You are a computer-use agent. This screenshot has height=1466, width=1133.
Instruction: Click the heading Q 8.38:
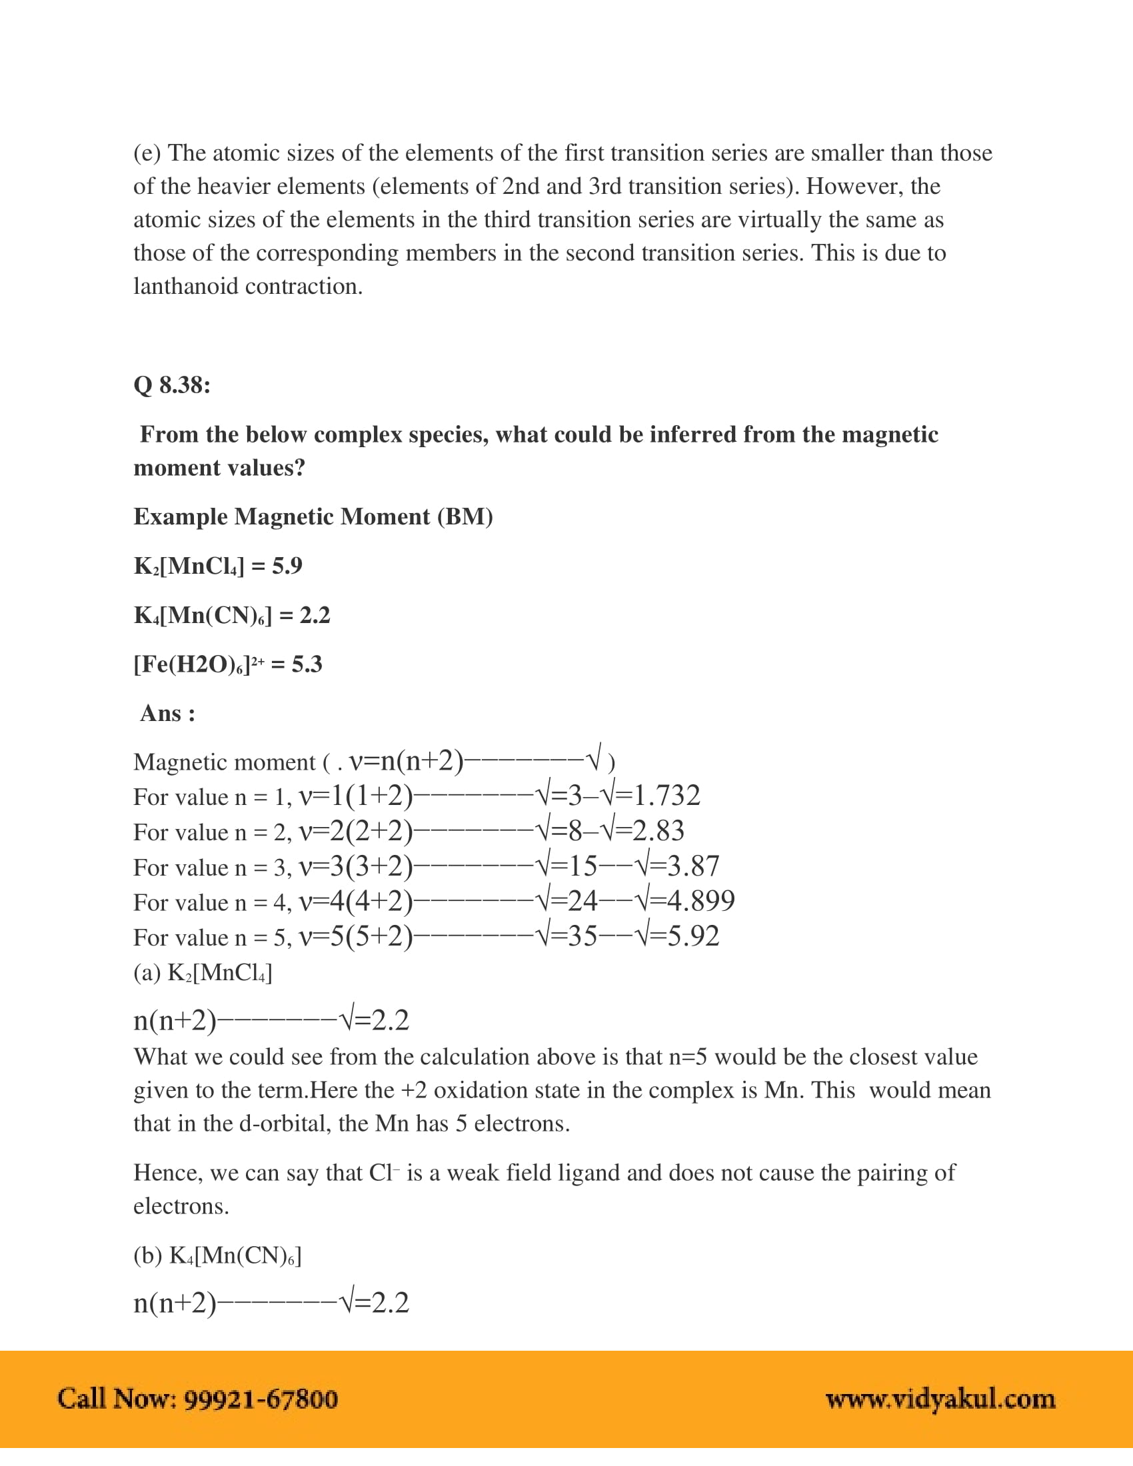pyautogui.click(x=172, y=385)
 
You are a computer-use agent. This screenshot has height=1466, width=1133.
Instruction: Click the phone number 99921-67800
pyautogui.click(x=261, y=1399)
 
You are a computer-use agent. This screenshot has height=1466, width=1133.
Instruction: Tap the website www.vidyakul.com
pyautogui.click(x=940, y=1399)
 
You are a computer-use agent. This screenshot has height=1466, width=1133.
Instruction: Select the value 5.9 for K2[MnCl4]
pyautogui.click(x=287, y=566)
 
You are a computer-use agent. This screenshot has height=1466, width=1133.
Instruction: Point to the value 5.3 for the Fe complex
pyautogui.click(x=307, y=664)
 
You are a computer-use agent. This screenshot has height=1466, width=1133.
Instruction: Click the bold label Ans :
pyautogui.click(x=168, y=713)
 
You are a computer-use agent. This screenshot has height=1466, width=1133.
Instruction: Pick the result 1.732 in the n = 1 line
pyautogui.click(x=666, y=796)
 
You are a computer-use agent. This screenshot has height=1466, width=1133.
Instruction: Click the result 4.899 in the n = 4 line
pyautogui.click(x=700, y=901)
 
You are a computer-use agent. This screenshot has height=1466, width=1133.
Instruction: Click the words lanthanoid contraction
pyautogui.click(x=248, y=287)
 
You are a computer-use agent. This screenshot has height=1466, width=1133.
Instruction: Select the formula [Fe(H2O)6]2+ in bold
pyautogui.click(x=199, y=664)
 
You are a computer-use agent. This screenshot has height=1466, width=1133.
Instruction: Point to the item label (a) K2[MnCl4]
pyautogui.click(x=203, y=973)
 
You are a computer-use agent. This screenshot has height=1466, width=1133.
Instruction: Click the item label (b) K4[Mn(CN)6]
pyautogui.click(x=217, y=1255)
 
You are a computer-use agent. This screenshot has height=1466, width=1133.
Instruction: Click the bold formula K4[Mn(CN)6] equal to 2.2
pyautogui.click(x=203, y=616)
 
